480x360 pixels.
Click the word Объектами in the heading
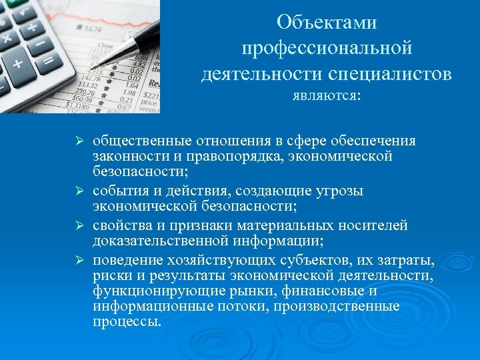(x=327, y=23)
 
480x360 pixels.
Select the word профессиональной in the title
(x=327, y=48)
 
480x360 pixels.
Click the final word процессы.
(x=127, y=321)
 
